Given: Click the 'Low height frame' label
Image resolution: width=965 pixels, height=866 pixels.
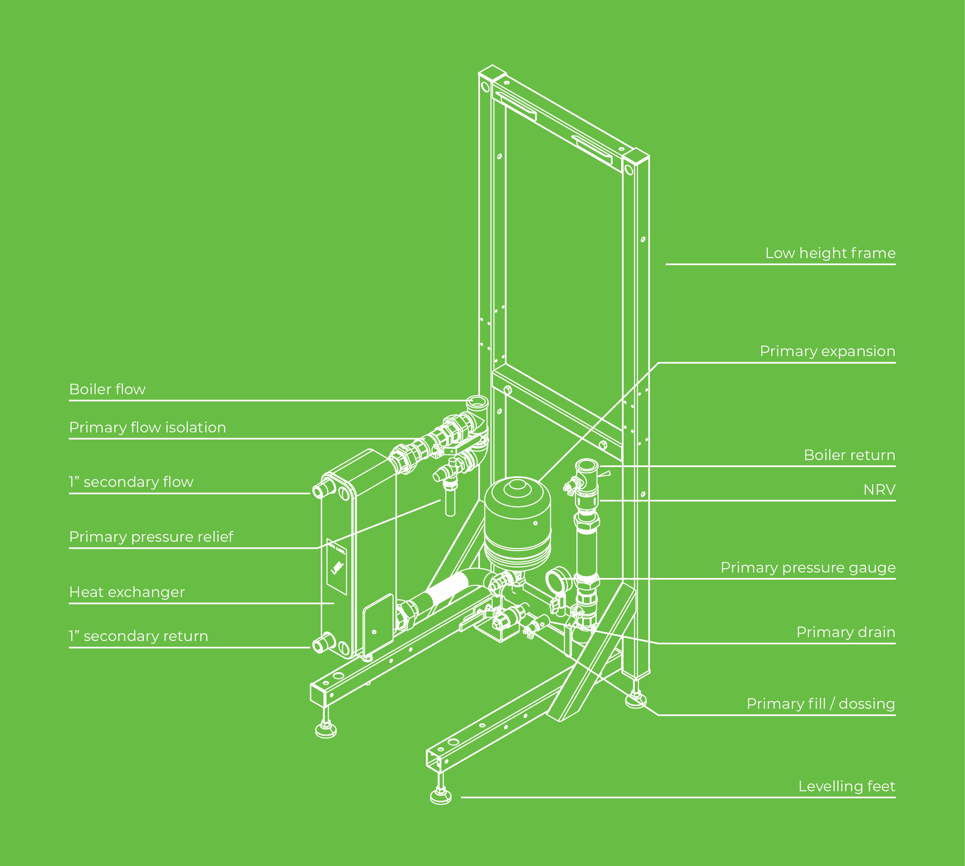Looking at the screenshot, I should (830, 253).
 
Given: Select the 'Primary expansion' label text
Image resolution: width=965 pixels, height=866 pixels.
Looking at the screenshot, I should (827, 351).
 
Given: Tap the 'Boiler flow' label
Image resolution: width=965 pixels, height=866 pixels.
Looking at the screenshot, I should (107, 389).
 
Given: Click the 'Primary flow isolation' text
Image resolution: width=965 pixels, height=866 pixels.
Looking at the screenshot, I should (147, 427).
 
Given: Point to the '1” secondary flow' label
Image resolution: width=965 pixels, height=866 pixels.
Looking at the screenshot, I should (131, 482).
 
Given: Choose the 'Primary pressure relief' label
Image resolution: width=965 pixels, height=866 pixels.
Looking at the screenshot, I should (151, 537).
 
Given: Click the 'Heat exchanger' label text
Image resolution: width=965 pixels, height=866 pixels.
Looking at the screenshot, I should (127, 592).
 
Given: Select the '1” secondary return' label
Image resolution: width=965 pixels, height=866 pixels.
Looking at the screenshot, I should (138, 636).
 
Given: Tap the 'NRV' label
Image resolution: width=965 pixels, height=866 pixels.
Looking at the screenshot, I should (879, 490).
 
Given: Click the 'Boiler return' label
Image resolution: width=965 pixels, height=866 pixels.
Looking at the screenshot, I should (849, 455).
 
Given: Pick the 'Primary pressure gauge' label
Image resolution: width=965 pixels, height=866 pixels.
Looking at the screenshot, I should (807, 567).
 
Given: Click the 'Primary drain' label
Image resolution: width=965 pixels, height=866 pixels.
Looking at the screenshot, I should (846, 632).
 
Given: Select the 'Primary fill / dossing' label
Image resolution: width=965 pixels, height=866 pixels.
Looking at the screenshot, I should (820, 704).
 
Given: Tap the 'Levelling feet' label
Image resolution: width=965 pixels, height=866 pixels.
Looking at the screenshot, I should (847, 787).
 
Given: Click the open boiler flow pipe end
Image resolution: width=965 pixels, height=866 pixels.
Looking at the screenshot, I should (477, 402).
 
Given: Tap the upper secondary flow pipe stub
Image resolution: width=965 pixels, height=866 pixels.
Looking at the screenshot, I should (322, 489).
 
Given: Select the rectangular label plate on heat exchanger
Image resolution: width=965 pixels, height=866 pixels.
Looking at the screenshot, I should (337, 566).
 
